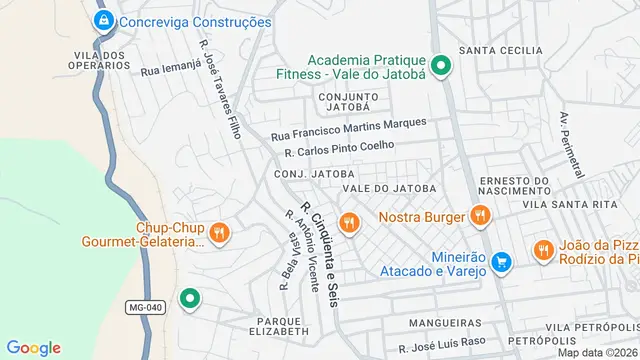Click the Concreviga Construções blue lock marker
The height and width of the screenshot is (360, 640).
(102, 20)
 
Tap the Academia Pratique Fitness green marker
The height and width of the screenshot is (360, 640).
(439, 68)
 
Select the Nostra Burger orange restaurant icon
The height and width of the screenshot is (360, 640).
(481, 216)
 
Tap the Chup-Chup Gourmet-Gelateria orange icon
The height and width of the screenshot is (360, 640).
(221, 234)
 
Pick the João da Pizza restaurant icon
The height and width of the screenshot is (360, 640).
(544, 250)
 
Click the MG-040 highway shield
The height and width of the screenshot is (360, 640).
(145, 307)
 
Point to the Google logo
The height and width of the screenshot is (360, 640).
(33, 348)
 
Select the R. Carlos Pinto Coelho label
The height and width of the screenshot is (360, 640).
(339, 150)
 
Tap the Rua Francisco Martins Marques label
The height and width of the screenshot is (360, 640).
(348, 128)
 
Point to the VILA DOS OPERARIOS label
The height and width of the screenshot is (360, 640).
(101, 60)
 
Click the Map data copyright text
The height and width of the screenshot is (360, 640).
(597, 352)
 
